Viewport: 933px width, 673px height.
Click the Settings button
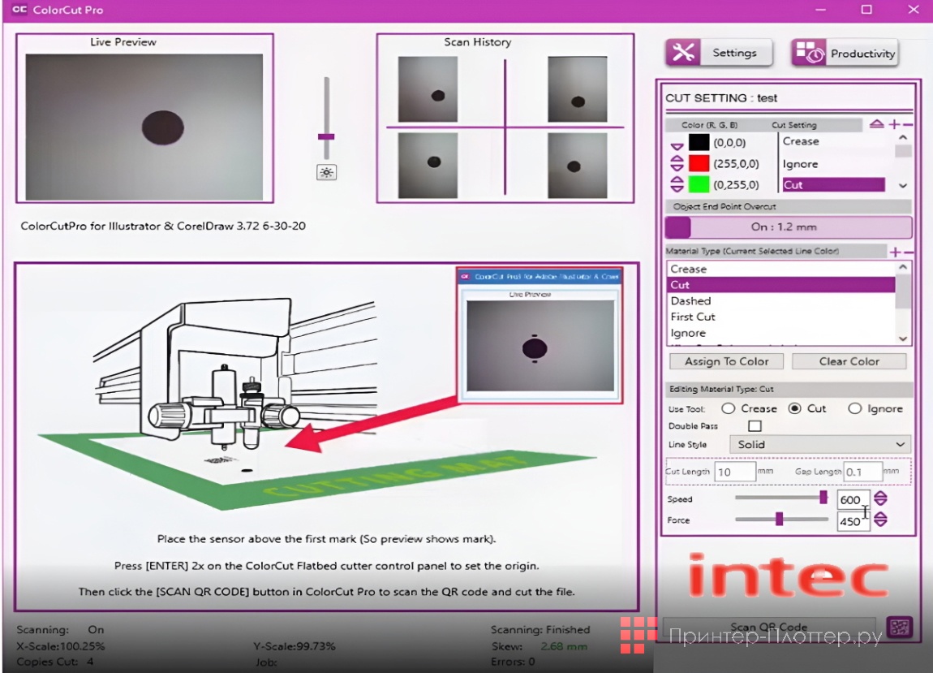[719, 53]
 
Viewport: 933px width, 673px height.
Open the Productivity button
[845, 54]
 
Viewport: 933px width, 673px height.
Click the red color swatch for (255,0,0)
[699, 163]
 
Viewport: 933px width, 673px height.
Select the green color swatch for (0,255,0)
[699, 184]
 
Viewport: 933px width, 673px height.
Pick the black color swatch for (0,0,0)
[699, 142]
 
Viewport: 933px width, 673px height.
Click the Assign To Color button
[726, 361]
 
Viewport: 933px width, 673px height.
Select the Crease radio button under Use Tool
[729, 408]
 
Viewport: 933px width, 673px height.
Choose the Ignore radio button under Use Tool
[854, 408]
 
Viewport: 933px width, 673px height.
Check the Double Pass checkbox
[755, 425]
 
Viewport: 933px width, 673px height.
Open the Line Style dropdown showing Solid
[819, 444]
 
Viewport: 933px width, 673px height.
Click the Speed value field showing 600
[852, 499]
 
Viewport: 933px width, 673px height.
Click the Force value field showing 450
[852, 521]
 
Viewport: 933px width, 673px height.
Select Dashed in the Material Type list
[690, 300]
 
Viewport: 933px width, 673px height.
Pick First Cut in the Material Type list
[693, 317]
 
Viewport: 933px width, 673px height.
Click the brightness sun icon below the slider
[327, 172]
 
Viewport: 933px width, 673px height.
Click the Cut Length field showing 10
[734, 472]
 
